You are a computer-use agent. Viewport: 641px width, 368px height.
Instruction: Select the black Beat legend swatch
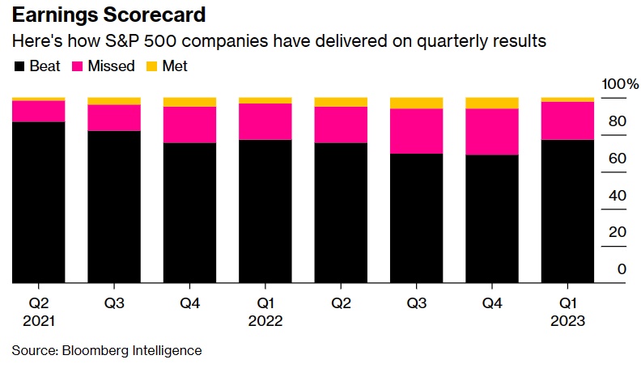pyautogui.click(x=19, y=66)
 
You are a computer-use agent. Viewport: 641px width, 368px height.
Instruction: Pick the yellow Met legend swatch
pyautogui.click(x=151, y=66)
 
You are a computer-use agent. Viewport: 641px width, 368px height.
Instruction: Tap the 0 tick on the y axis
pyautogui.click(x=622, y=269)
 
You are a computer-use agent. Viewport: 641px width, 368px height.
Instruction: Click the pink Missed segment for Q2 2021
pyautogui.click(x=39, y=111)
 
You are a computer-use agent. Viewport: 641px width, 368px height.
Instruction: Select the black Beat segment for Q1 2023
pyautogui.click(x=568, y=212)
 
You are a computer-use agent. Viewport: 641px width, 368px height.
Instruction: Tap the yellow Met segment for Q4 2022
pyautogui.click(x=492, y=103)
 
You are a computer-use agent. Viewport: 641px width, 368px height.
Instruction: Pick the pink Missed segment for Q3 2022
pyautogui.click(x=417, y=131)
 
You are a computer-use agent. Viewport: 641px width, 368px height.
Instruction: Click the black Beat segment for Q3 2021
pyautogui.click(x=114, y=207)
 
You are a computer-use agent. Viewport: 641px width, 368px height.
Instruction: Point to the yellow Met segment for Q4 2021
pyautogui.click(x=190, y=102)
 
